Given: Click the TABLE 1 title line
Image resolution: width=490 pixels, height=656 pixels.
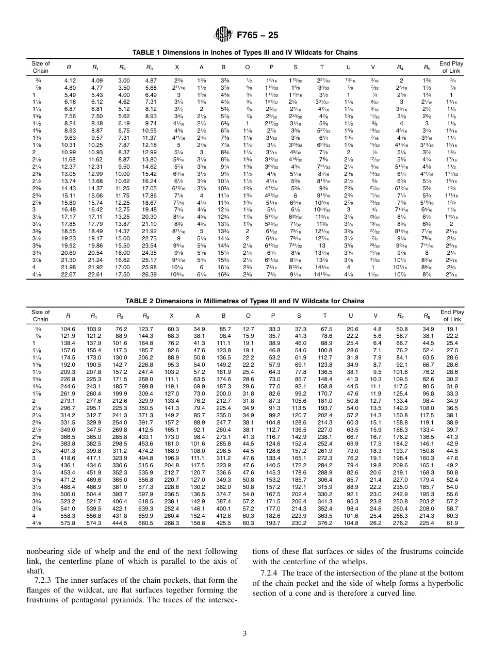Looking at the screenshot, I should tap(244, 53).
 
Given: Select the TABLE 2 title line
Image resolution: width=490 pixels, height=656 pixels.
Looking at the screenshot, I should tap(244, 301).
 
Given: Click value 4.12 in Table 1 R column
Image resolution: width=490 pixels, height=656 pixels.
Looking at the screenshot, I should tap(69, 81).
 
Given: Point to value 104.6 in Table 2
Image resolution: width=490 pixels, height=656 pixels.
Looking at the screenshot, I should tap(68, 329).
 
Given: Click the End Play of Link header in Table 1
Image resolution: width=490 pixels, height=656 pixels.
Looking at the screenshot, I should tap(451, 67).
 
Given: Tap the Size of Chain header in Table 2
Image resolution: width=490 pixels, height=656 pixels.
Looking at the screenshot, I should tap(40, 315).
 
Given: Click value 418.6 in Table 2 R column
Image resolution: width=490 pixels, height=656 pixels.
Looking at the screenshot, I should tap(68, 458).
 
